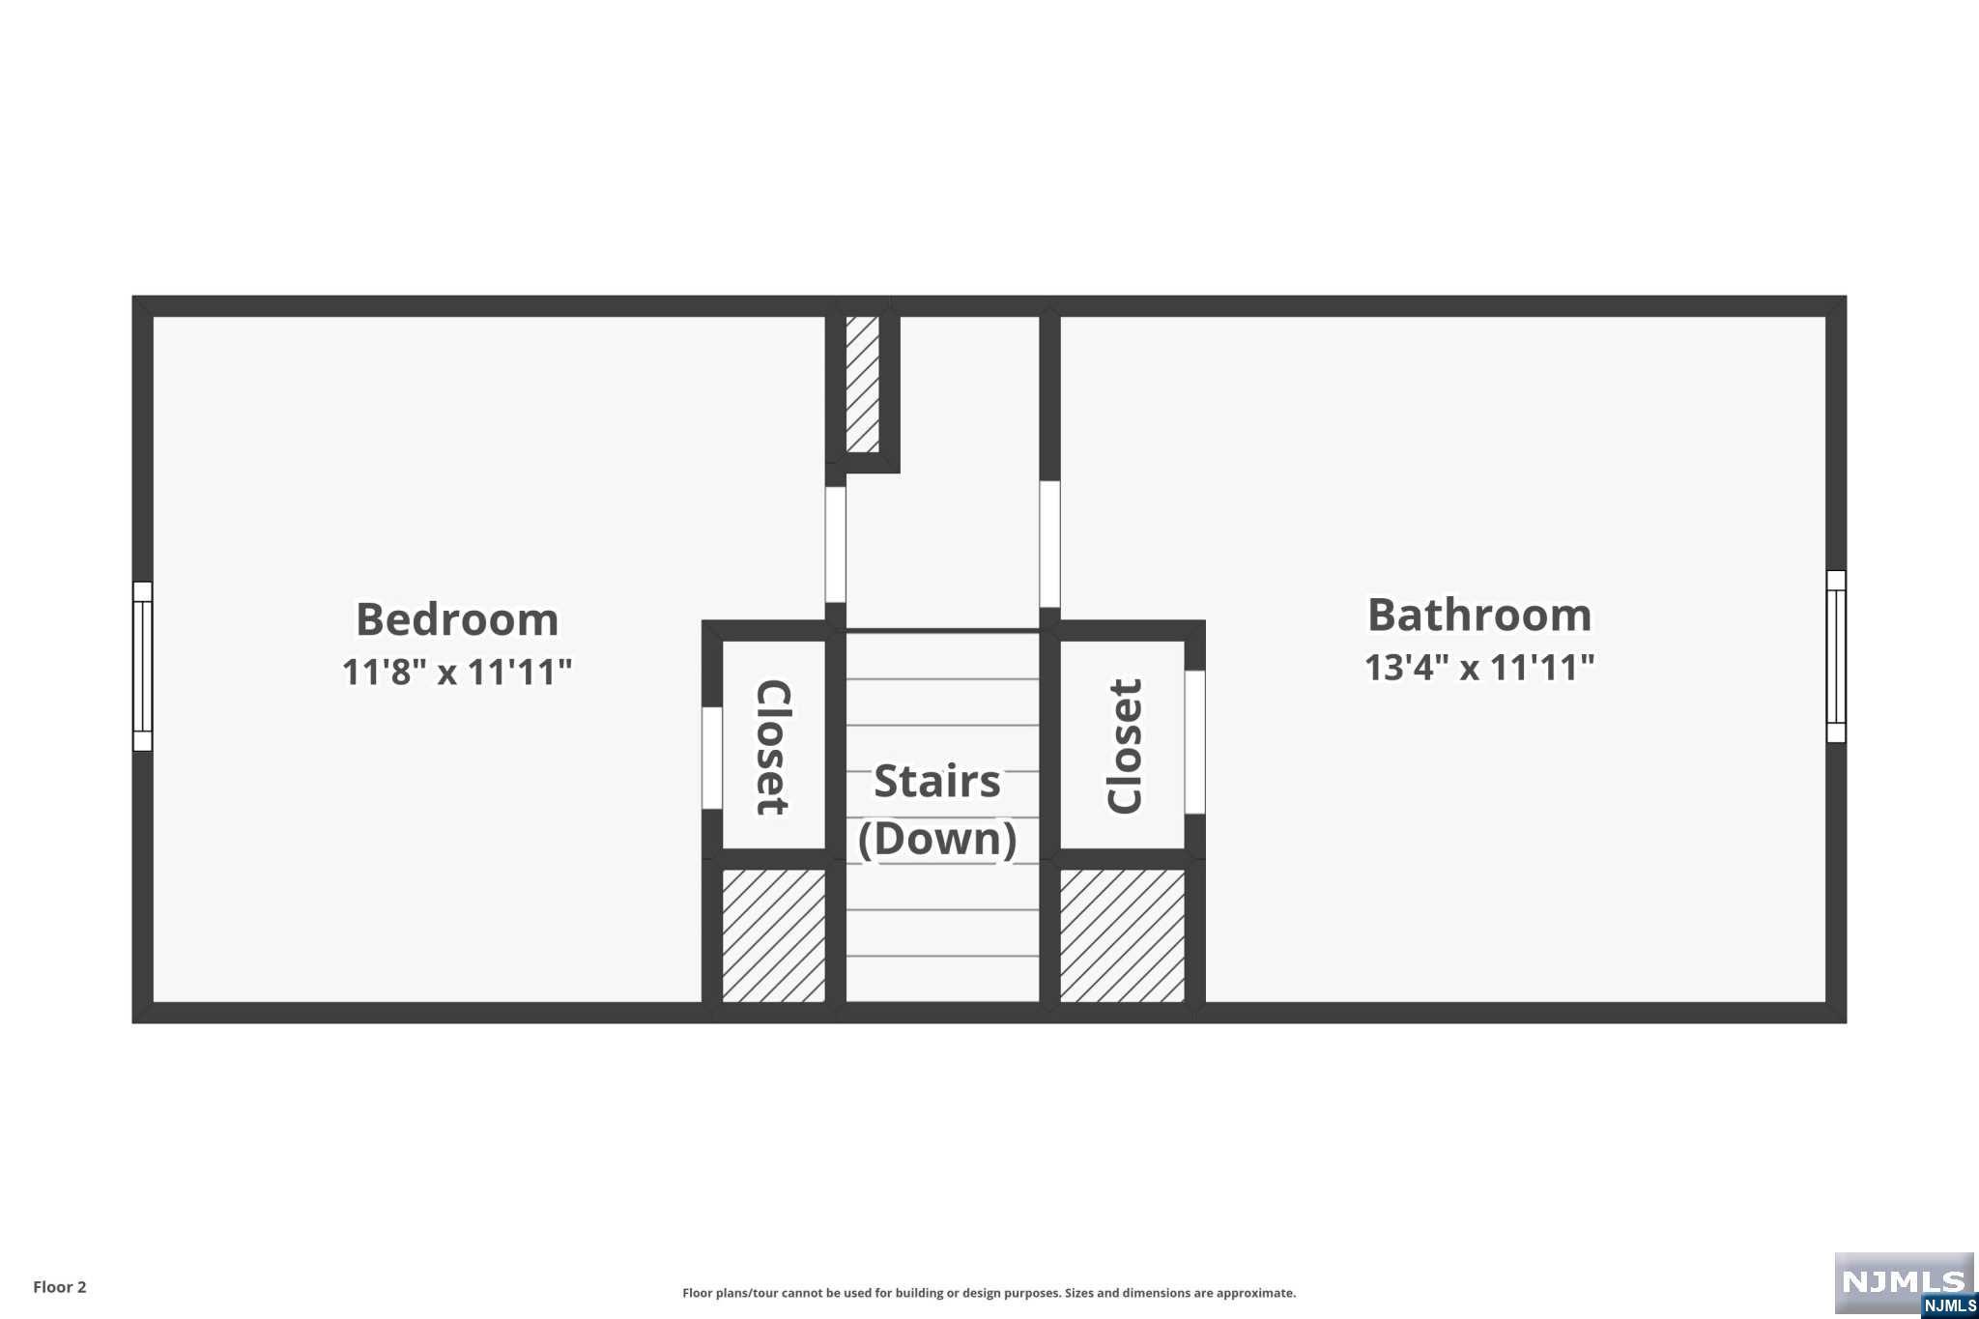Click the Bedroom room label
[x=457, y=619]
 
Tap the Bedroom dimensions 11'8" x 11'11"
[x=457, y=672]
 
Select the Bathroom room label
[x=1479, y=616]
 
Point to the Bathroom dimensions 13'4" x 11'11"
[x=1479, y=668]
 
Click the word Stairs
[x=936, y=782]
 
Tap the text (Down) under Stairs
[x=936, y=838]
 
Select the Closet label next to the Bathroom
[x=1125, y=746]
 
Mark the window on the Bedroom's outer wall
[x=142, y=667]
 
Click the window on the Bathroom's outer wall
[x=1836, y=656]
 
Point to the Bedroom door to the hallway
[x=835, y=544]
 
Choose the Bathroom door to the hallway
[x=1049, y=543]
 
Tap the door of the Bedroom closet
[x=712, y=758]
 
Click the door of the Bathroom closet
[x=1194, y=742]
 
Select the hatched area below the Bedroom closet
[x=773, y=934]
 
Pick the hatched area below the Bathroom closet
[x=1122, y=934]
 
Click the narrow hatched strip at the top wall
[x=862, y=383]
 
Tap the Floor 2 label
[x=60, y=1287]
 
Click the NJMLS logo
[x=1904, y=1284]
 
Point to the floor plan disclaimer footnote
[x=989, y=1293]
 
